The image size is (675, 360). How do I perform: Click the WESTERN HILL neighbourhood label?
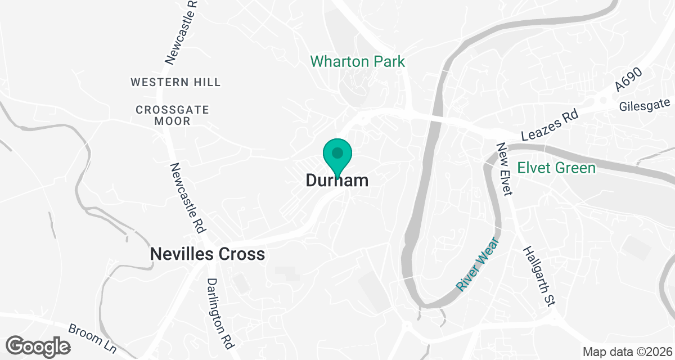175,82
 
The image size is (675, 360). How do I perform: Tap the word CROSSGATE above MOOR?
172,110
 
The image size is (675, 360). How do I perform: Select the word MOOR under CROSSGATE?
172,121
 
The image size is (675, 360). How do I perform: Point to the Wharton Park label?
358,61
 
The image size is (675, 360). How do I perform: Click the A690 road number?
628,78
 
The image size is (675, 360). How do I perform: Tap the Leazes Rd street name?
550,127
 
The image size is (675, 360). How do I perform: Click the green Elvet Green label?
556,168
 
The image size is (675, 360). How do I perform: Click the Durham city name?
337,181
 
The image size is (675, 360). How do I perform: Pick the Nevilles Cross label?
207,254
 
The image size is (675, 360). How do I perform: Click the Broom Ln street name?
92,339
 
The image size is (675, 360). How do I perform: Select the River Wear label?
477,264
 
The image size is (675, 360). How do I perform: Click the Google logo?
38,346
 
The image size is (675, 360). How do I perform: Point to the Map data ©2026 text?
626,352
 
